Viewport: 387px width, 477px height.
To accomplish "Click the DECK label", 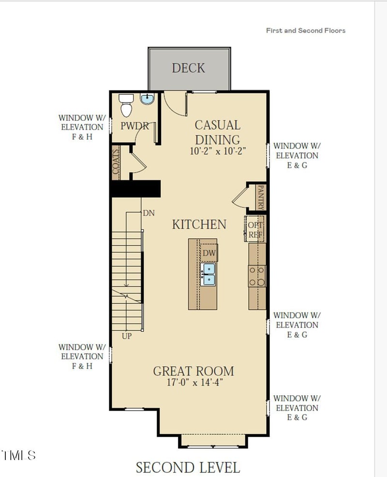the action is coord(188,68).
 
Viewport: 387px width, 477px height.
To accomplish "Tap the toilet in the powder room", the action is coord(126,105).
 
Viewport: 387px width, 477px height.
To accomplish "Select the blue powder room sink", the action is coord(147,99).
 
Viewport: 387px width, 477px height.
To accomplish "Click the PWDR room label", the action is coord(134,126).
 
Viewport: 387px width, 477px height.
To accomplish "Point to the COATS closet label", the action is coord(116,162).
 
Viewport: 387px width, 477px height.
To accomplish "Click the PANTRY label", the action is coord(261,197).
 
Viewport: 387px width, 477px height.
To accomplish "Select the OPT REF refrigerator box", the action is coord(255,229).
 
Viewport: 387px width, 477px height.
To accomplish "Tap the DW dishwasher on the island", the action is coord(209,253).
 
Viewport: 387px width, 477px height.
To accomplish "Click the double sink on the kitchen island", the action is coord(208,274).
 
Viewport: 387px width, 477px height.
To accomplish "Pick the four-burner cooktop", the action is coord(257,276).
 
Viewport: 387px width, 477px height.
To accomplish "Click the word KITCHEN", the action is coord(199,224).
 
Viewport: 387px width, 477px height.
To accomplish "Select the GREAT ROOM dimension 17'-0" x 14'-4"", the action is coord(195,382).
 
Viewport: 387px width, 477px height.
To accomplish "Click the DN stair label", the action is coord(149,213).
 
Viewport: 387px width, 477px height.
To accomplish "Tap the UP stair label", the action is coord(127,336).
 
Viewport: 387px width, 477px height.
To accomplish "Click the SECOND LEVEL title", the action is coord(188,467).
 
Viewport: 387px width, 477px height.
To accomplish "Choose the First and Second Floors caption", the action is coord(306,30).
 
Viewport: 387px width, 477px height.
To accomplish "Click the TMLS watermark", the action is coord(18,455).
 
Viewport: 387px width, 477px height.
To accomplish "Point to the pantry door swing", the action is coord(240,198).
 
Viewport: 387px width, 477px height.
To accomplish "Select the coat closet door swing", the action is coord(139,163).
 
